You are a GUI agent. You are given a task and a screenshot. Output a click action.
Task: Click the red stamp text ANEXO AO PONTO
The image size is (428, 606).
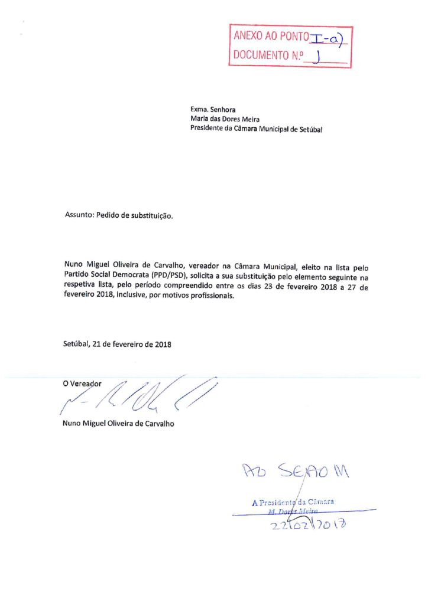pos(271,36)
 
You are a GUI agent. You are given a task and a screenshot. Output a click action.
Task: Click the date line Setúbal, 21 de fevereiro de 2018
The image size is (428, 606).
pos(116,344)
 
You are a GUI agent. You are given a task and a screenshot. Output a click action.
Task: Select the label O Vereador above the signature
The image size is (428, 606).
pos(82,383)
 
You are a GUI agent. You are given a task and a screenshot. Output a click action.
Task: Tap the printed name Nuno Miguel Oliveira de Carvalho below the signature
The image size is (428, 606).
pos(119,424)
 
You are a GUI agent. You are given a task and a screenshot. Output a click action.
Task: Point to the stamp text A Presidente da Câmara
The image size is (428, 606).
pos(293,502)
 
